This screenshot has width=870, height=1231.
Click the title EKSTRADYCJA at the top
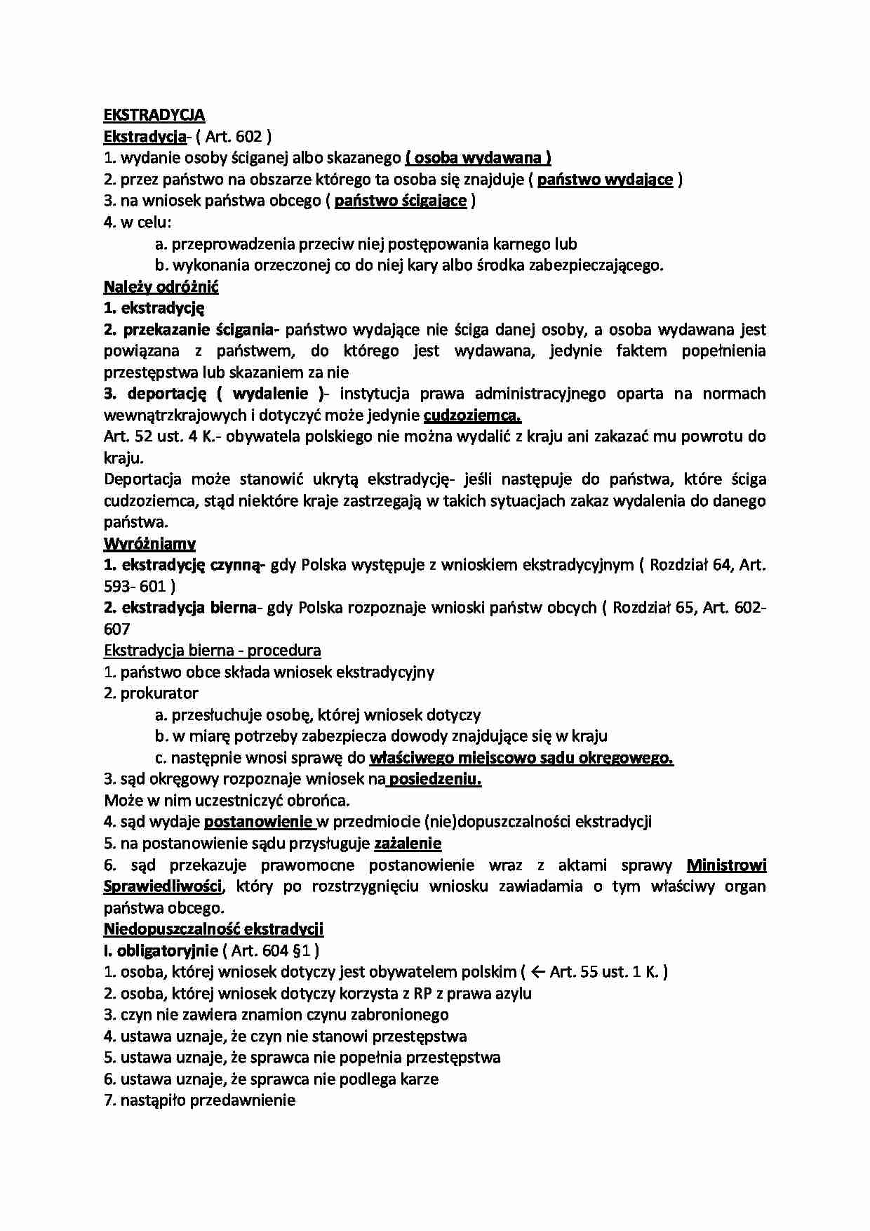click(x=154, y=115)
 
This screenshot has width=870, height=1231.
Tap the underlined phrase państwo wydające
click(x=605, y=180)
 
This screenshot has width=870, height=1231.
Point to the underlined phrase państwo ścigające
click(x=401, y=201)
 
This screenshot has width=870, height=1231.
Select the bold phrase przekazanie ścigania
click(x=202, y=329)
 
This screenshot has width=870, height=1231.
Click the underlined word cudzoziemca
click(x=472, y=415)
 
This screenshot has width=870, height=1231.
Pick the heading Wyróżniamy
click(x=149, y=544)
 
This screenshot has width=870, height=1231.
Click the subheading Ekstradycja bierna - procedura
click(x=212, y=651)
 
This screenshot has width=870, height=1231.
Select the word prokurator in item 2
click(x=159, y=693)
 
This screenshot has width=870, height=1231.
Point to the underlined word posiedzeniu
click(x=434, y=779)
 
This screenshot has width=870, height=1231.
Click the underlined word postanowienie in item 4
click(x=258, y=822)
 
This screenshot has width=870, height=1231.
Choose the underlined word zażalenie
click(x=408, y=844)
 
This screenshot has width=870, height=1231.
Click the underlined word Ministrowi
click(x=726, y=865)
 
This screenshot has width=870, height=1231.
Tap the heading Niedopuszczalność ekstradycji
click(x=213, y=929)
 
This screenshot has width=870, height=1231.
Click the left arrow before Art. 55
click(x=538, y=972)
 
